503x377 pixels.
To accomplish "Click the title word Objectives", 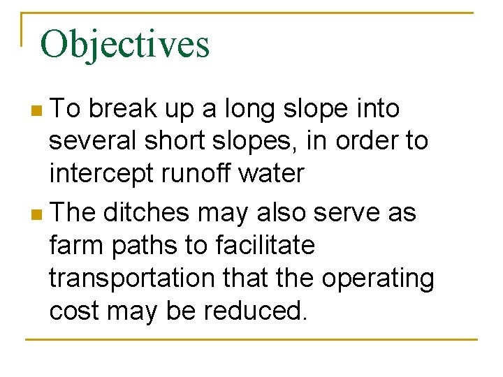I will [124, 45].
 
